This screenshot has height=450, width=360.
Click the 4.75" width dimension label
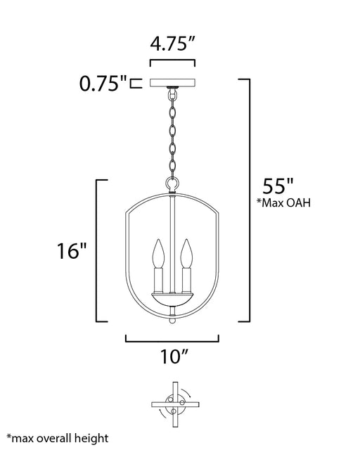click(172, 44)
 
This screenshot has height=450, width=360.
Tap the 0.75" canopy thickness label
click(103, 84)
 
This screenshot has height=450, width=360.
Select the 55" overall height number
click(278, 186)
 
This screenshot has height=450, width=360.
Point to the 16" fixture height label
click(72, 251)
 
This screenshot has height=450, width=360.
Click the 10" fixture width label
click(174, 356)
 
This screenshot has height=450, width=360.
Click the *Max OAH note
click(283, 202)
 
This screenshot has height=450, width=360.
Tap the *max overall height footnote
click(58, 438)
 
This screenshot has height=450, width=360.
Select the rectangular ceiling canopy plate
click(172, 82)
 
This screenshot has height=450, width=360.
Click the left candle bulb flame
click(158, 254)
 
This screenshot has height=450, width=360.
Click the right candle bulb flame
click(186, 254)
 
